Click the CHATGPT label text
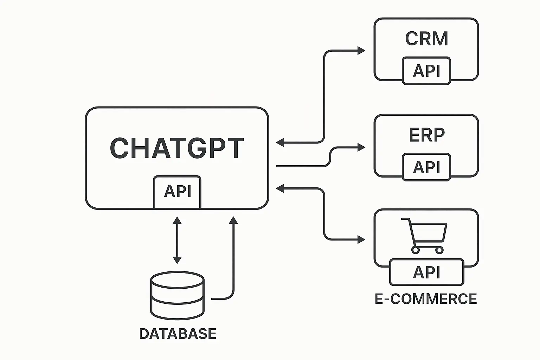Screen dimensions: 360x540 click(177, 148)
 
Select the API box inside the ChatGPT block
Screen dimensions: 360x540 click(177, 192)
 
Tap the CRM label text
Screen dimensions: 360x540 click(426, 39)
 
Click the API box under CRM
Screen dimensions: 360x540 click(426, 71)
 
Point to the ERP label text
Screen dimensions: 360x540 click(427, 134)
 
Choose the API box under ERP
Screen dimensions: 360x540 click(426, 167)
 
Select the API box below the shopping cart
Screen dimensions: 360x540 click(426, 272)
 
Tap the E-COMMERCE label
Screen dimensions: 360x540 click(426, 299)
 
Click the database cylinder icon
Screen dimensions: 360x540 click(177, 295)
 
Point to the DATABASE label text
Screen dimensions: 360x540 click(178, 334)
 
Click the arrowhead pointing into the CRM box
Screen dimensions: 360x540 click(361, 51)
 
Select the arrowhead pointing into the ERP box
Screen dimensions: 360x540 click(361, 148)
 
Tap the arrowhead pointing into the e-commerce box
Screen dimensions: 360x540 click(361, 240)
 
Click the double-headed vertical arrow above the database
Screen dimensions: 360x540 click(177, 240)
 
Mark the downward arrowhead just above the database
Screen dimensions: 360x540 click(177, 260)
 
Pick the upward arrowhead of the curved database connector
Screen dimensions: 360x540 click(233, 220)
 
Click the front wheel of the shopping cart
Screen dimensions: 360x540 click(439, 250)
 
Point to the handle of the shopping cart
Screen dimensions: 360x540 click(405, 220)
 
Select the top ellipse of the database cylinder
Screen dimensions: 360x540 click(177, 278)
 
